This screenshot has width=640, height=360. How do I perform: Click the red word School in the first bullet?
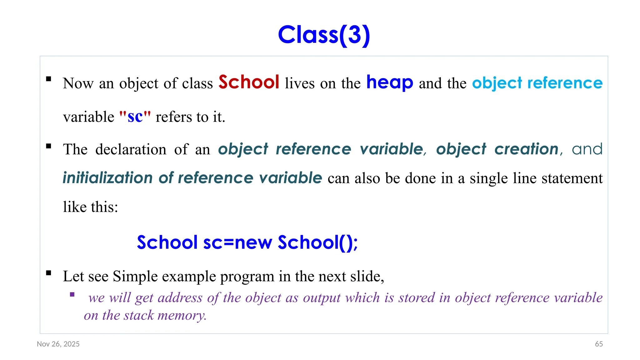click(249, 82)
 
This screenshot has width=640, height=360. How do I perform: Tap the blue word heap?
click(389, 82)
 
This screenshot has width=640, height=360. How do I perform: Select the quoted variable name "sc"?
click(135, 117)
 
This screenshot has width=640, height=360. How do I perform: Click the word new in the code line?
click(253, 242)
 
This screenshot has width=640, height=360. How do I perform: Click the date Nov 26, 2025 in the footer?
click(58, 344)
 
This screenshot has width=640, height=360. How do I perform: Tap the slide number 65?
click(599, 344)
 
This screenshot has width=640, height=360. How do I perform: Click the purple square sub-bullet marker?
click(72, 294)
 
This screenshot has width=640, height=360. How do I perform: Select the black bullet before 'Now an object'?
click(48, 79)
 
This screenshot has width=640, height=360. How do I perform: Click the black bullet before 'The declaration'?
click(48, 146)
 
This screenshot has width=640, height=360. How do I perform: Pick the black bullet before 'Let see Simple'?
click(48, 273)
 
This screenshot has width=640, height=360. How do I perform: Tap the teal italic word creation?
click(526, 149)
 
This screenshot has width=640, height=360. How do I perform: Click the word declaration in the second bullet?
click(131, 149)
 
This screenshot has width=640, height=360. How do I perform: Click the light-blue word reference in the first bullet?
click(565, 83)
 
